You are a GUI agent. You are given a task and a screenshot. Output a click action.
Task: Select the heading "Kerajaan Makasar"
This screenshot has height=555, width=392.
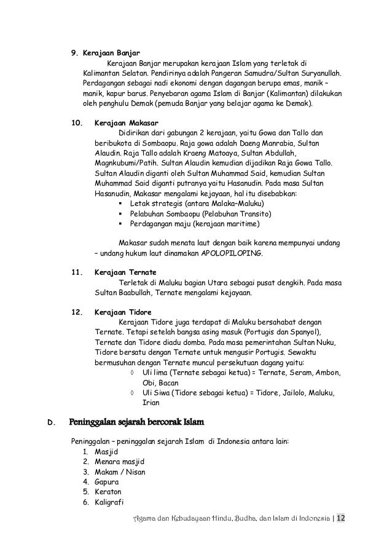(126, 122)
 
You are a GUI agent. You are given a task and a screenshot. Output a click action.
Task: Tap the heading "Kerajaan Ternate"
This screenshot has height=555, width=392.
(125, 272)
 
